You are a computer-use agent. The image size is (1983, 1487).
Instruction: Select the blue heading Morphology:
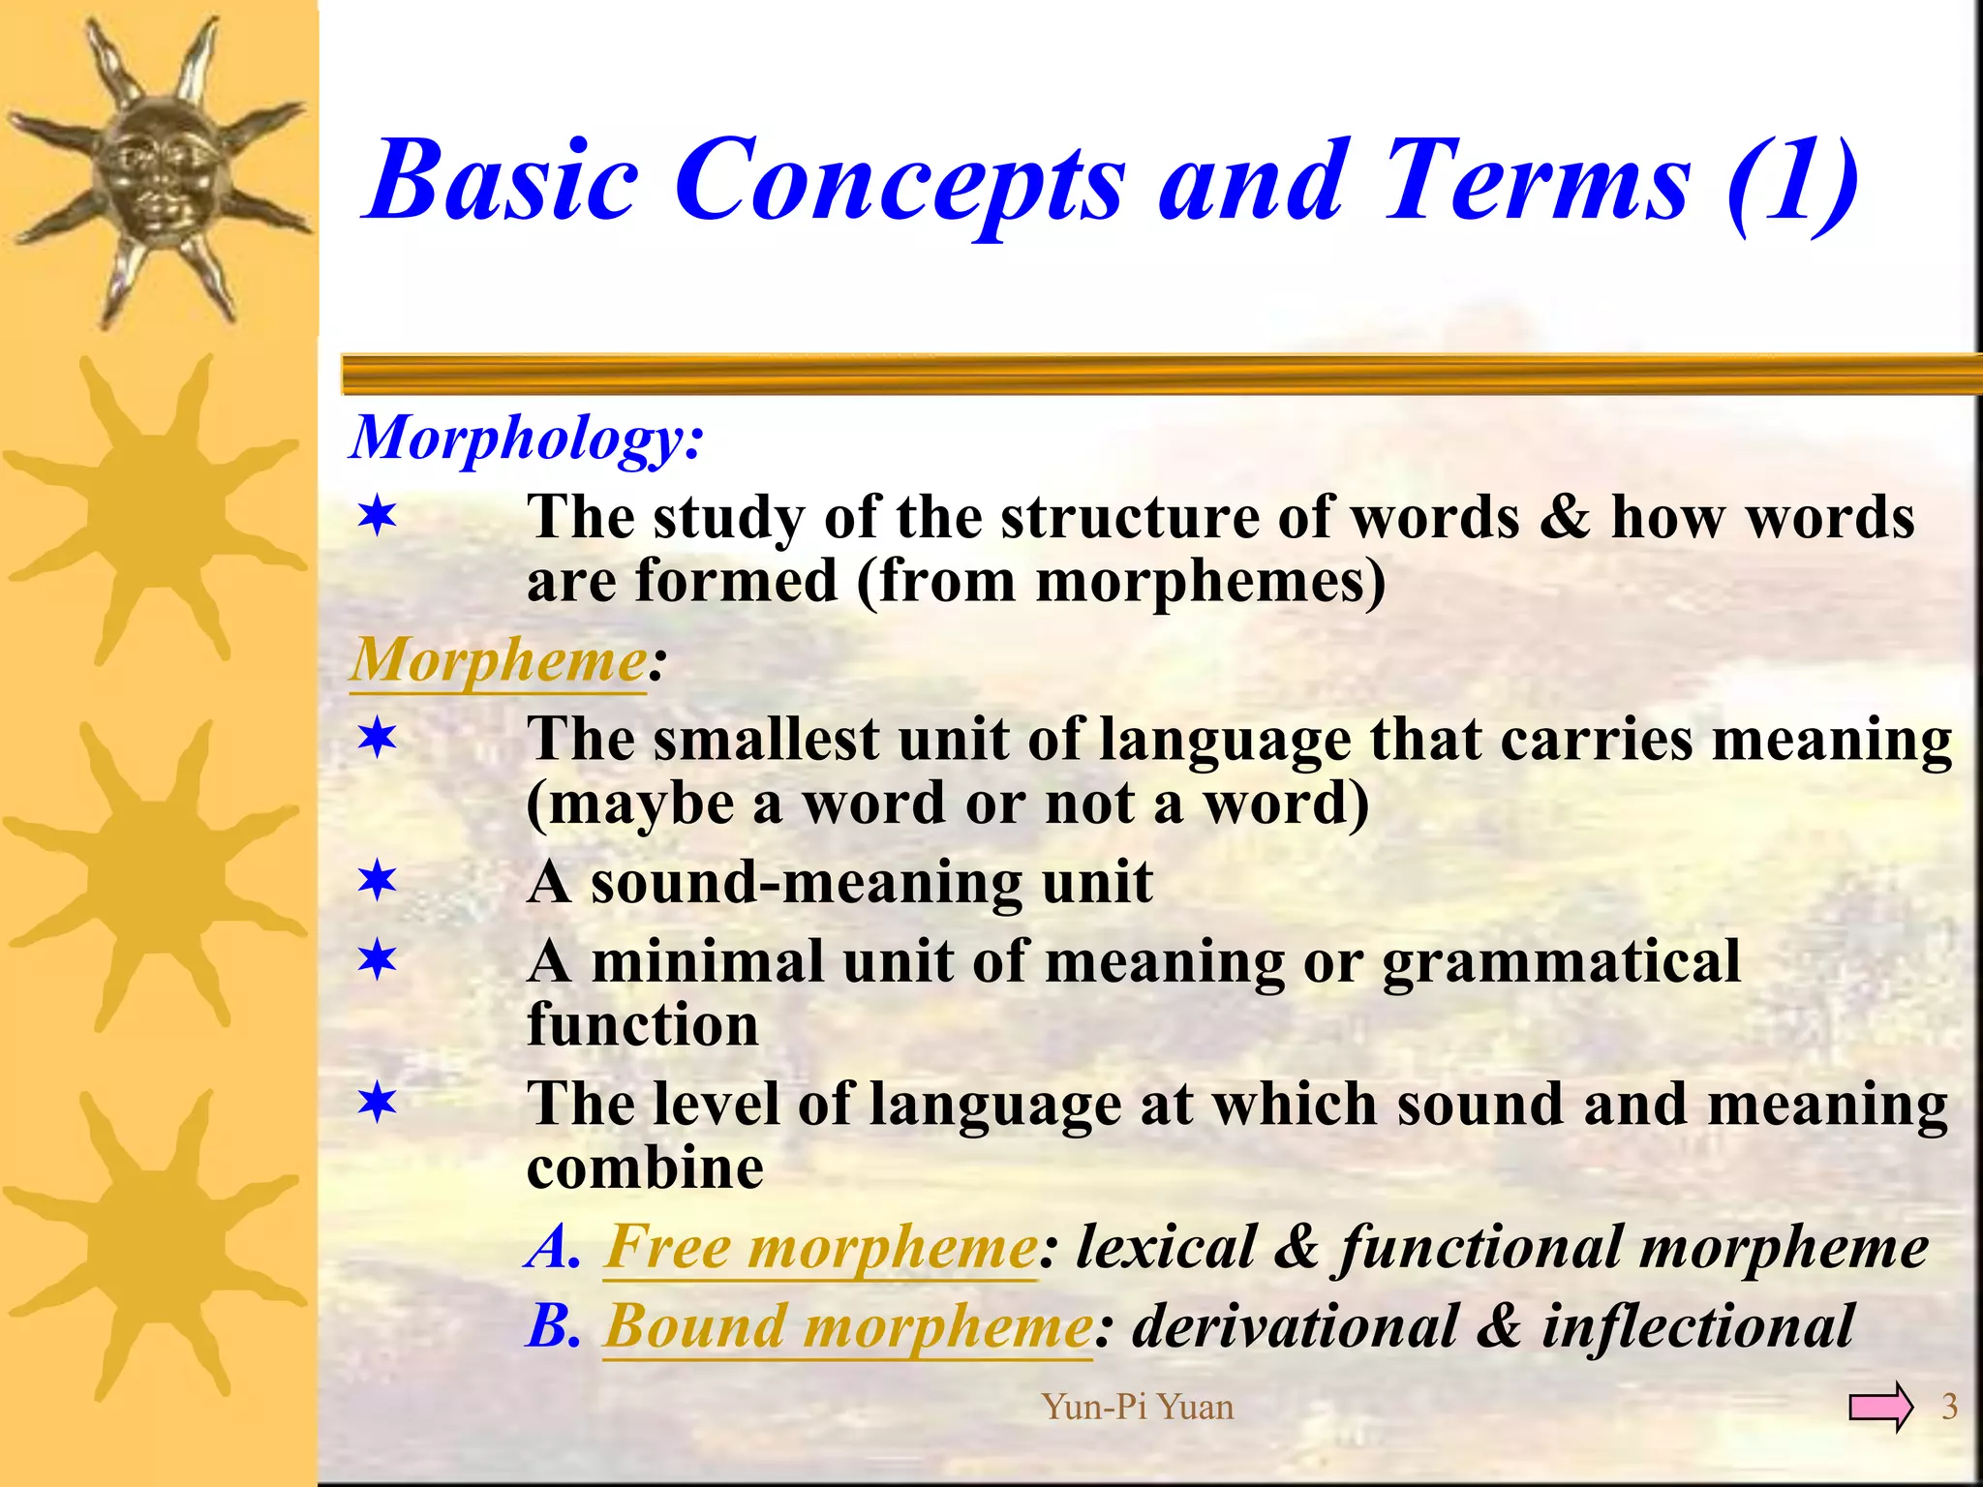click(527, 439)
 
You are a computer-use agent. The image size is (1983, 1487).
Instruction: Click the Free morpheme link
click(821, 1247)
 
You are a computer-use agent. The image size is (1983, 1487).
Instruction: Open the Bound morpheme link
click(848, 1326)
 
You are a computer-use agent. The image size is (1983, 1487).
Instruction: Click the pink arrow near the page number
click(1879, 1407)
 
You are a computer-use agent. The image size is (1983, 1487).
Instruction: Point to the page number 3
click(1949, 1407)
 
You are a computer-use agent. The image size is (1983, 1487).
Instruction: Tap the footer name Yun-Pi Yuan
click(1137, 1407)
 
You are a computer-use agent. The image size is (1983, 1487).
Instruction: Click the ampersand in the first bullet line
click(1564, 517)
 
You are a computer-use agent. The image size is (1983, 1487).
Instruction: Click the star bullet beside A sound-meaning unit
click(377, 882)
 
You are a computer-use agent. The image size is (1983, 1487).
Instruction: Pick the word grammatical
click(1561, 963)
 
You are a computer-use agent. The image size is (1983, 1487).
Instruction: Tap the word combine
click(645, 1168)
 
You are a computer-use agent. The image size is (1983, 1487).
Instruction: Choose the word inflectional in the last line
click(1697, 1326)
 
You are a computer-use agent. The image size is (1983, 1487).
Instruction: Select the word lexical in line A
click(1166, 1247)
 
